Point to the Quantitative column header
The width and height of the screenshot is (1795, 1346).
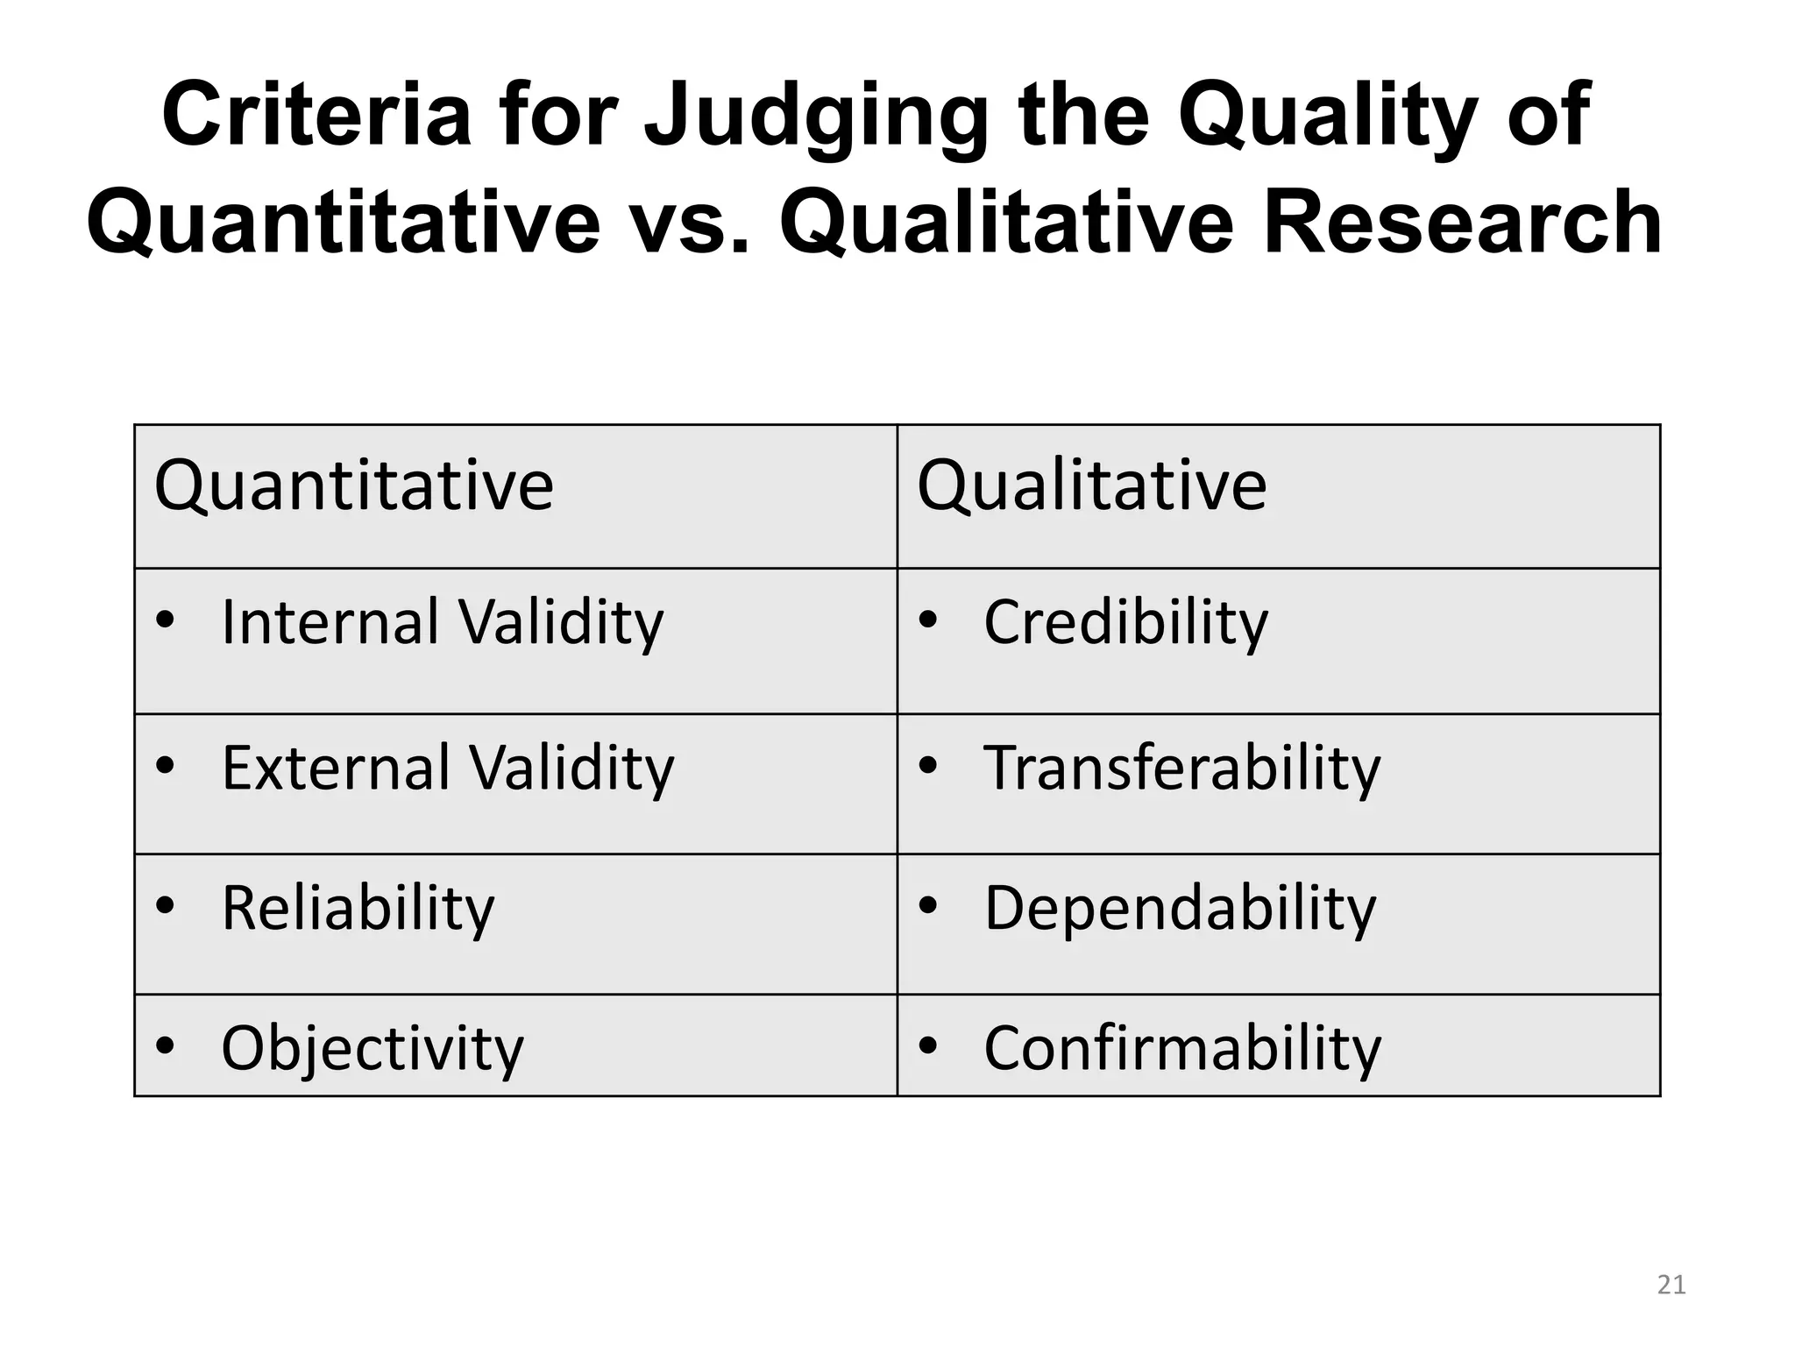click(353, 486)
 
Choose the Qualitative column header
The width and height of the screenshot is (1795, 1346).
click(1091, 486)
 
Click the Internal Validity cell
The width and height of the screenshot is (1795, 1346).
click(443, 623)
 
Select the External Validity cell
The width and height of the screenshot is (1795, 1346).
click(448, 769)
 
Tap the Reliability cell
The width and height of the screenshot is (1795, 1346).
click(358, 909)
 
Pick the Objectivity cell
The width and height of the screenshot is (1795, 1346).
click(372, 1048)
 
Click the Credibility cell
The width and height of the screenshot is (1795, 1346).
click(1125, 623)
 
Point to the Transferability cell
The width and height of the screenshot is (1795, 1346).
click(1181, 769)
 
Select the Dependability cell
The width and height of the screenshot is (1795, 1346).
click(1180, 909)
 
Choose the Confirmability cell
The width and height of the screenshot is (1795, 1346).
click(1181, 1048)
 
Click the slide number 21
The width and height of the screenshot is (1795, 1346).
click(1671, 1285)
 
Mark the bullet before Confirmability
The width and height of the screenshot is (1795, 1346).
click(928, 1045)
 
